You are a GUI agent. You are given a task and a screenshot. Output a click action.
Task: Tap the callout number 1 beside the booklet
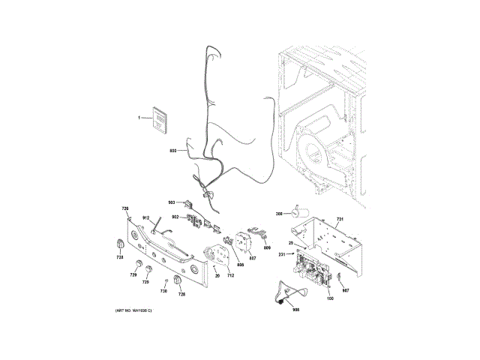[139, 118]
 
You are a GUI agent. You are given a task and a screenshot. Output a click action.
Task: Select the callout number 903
[171, 202]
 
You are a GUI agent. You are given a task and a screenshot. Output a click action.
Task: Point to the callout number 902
[174, 217]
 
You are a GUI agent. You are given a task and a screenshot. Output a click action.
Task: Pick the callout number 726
[126, 208]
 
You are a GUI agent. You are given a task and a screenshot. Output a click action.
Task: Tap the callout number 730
[163, 290]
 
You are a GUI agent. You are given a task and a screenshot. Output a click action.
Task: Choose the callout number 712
[231, 275]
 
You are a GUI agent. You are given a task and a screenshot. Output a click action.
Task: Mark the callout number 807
[253, 258]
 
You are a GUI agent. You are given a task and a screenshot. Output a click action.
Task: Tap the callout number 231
[282, 256]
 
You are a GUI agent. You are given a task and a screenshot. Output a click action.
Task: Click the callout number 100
[330, 299]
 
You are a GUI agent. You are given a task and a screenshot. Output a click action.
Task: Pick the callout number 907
[346, 289]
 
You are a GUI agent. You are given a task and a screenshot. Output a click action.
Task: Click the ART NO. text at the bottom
[133, 310]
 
